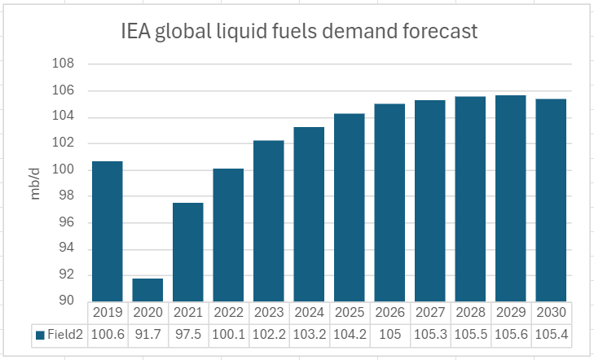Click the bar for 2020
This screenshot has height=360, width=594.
[x=147, y=290]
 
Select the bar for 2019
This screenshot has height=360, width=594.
[x=107, y=231]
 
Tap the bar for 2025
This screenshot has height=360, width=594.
[x=349, y=208]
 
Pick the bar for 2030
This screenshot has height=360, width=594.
[x=550, y=200]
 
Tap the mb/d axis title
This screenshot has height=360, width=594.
[x=37, y=182]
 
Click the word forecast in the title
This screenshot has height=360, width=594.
[x=438, y=33]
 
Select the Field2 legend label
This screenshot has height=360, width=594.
[x=62, y=332]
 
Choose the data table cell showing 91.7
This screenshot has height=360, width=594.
[x=147, y=332]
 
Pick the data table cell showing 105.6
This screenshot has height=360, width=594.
[x=510, y=332]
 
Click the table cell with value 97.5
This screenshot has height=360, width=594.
[x=187, y=332]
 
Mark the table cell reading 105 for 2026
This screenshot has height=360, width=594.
[x=389, y=332]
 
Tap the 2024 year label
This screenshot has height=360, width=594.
[x=309, y=312]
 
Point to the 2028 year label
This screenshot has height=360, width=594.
[x=470, y=312]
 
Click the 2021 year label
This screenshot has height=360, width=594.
[x=187, y=312]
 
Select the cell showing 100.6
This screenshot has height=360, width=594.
[x=107, y=332]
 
